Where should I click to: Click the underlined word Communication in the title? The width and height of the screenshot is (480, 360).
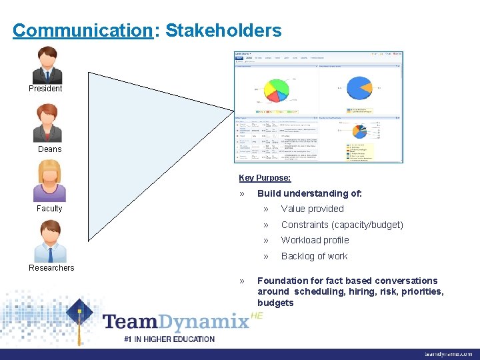click(83, 31)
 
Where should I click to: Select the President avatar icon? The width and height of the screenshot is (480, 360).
click(47, 65)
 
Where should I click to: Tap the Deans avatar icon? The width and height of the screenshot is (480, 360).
click(48, 124)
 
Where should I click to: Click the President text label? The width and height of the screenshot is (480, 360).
click(45, 89)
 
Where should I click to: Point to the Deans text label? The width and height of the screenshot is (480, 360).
click(49, 149)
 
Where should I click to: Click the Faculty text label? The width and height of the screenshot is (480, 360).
click(49, 209)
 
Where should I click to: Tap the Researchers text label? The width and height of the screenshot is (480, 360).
click(51, 268)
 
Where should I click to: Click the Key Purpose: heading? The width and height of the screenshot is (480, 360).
click(265, 178)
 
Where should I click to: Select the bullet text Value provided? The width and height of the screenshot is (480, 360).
click(312, 209)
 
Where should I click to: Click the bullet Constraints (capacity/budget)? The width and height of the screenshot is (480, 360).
click(342, 225)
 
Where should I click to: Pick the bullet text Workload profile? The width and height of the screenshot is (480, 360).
click(315, 241)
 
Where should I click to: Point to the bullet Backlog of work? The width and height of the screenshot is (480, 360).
click(314, 257)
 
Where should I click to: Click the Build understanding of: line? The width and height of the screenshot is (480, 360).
click(309, 194)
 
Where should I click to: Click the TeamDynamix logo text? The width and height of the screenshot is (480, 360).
click(176, 322)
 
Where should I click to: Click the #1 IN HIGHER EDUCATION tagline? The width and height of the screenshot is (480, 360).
click(169, 339)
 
